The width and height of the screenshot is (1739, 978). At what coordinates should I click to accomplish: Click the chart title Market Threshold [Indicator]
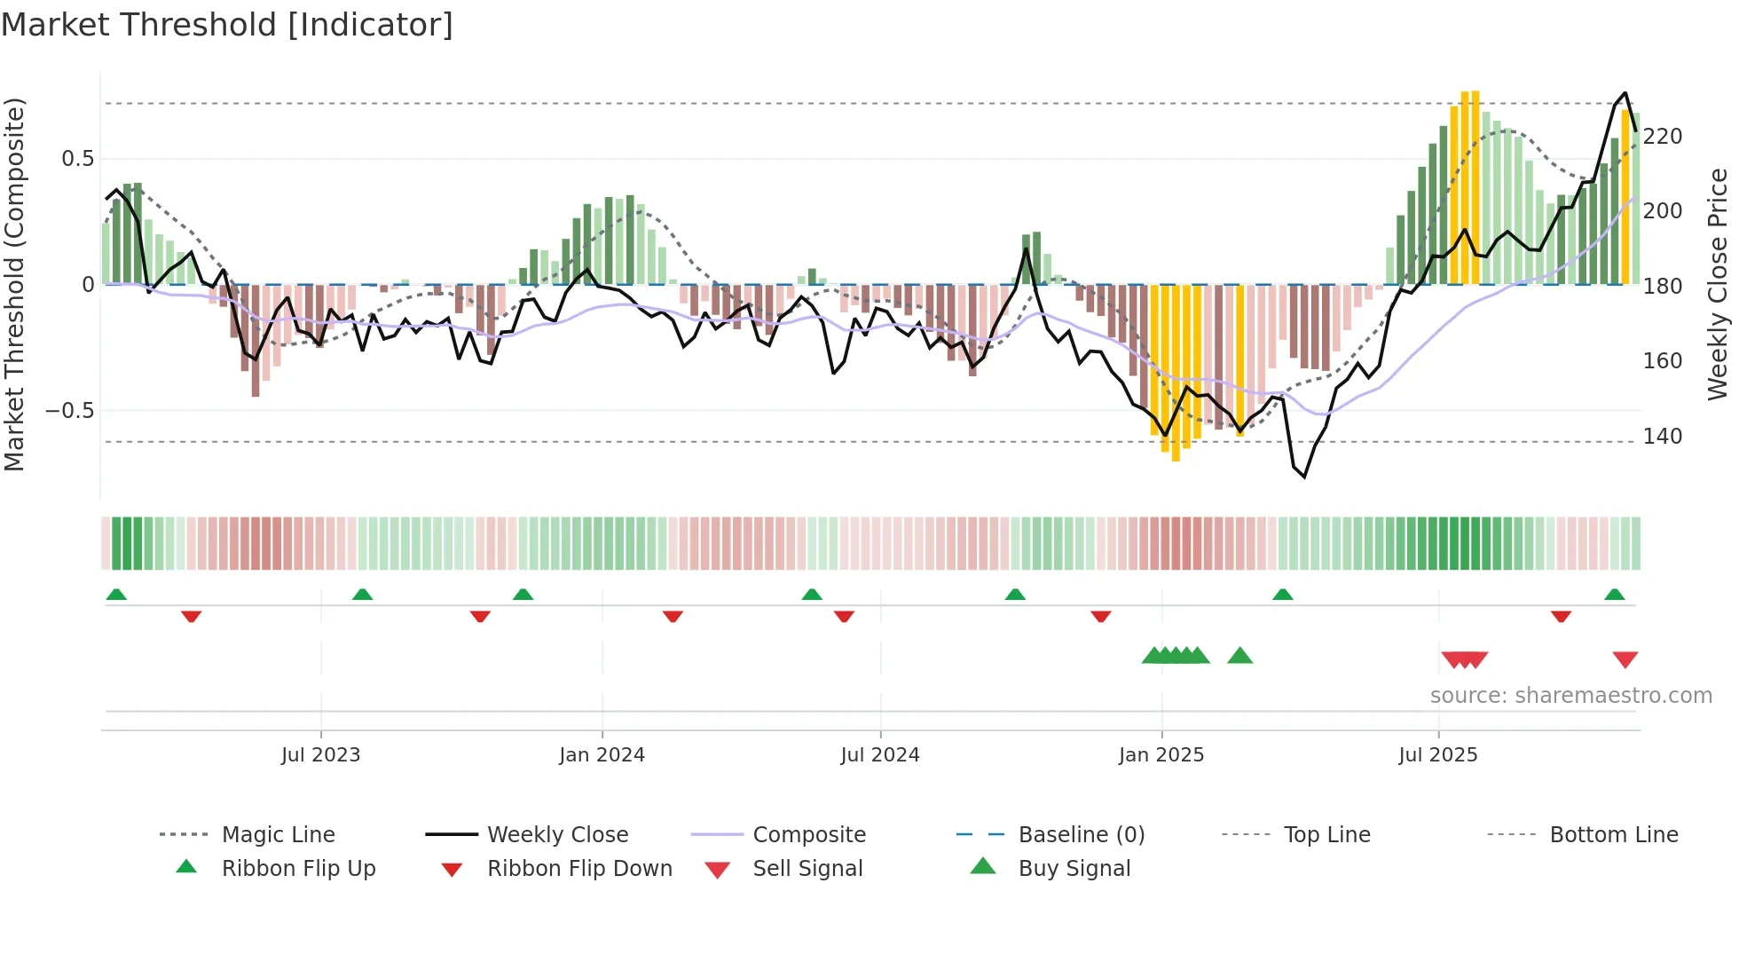point(227,25)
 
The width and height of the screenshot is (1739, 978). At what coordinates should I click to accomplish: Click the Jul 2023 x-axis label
point(320,755)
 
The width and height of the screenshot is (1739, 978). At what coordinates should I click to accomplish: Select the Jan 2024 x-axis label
point(602,755)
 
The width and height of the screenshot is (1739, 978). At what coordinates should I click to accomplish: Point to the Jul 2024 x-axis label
point(879,755)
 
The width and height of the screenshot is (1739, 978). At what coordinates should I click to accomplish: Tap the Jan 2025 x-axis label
point(1161,755)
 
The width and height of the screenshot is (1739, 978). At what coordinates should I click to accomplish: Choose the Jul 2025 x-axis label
point(1437,755)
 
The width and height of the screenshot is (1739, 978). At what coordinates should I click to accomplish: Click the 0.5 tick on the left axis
point(77,159)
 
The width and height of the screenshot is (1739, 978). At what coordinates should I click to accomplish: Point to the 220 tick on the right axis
point(1662,137)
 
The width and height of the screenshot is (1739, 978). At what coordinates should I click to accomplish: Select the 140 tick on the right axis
point(1662,437)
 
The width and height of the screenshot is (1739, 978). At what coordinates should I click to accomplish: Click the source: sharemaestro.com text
point(1570,696)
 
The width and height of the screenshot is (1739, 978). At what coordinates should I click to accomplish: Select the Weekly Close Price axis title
point(1718,284)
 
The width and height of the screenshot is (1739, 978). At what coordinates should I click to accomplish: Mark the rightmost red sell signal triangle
point(1625,659)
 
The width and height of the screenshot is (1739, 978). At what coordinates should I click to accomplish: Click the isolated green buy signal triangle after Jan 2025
point(1239,656)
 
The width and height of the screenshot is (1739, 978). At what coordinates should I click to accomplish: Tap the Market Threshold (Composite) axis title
point(15,284)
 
